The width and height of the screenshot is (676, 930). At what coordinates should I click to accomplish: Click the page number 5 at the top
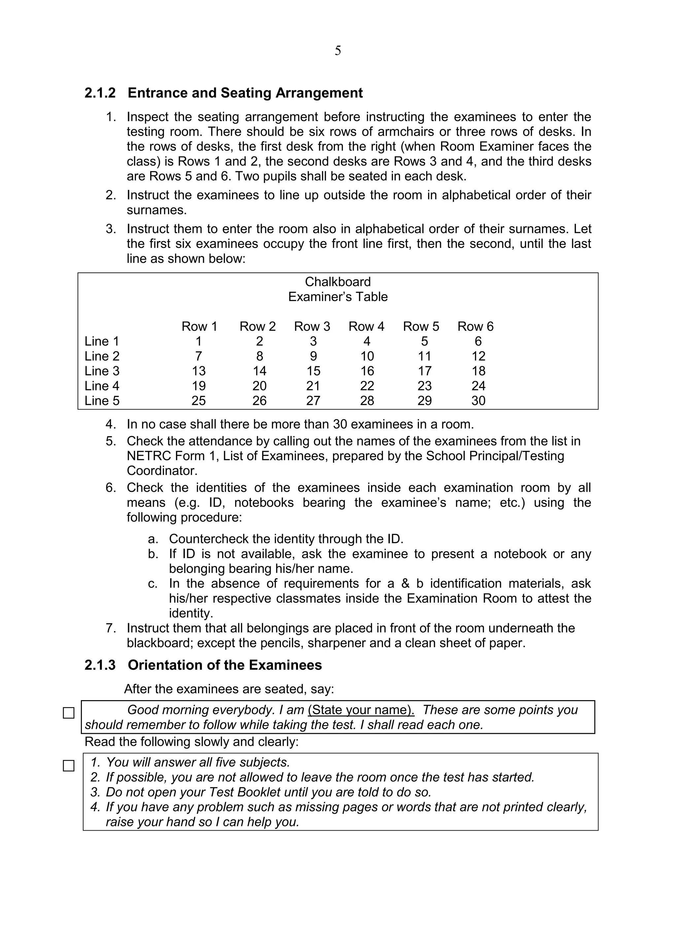(x=337, y=51)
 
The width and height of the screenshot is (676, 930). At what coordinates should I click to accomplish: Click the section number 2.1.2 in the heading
(x=100, y=93)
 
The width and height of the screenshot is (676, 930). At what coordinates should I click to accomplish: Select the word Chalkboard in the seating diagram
(x=337, y=282)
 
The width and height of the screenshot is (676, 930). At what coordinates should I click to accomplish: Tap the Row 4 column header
(x=366, y=326)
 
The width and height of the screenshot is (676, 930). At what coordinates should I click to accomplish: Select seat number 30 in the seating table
(x=478, y=400)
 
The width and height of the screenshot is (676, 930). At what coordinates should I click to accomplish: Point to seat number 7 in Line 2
(x=198, y=356)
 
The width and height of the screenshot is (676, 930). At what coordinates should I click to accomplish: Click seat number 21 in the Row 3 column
(x=313, y=385)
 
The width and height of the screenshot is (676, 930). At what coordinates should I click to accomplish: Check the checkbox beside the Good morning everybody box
(x=68, y=713)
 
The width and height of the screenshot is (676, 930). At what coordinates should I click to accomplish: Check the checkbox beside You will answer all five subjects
(x=68, y=766)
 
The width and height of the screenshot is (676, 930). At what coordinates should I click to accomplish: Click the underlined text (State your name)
(x=361, y=710)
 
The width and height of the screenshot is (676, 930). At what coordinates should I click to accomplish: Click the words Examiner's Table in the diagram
(x=337, y=297)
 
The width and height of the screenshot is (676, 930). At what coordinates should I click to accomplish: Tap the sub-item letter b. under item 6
(x=153, y=554)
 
